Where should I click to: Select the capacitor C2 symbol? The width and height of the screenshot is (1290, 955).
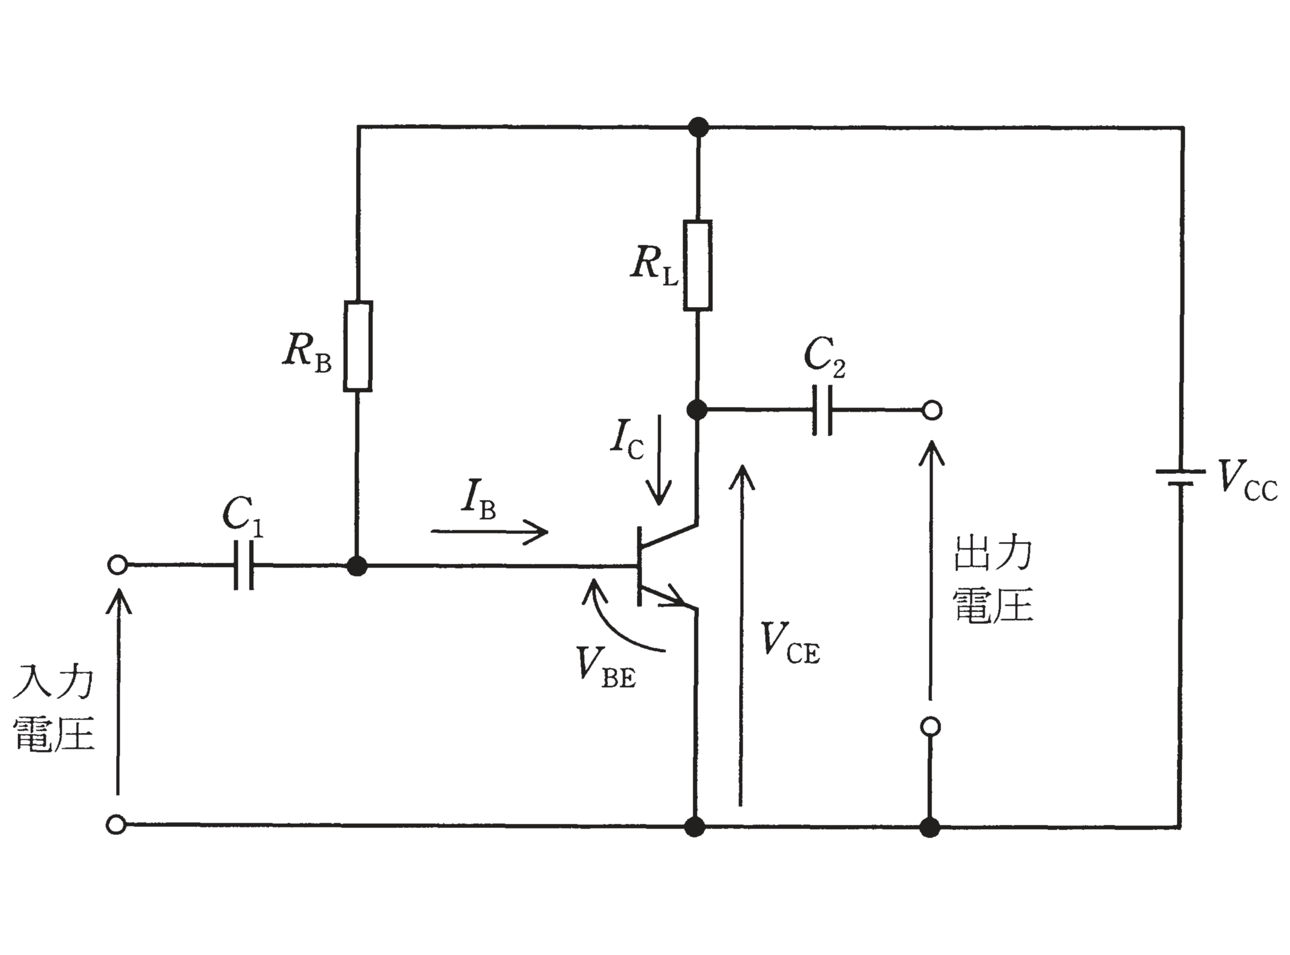coord(823,410)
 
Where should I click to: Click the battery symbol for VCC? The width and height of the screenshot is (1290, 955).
coord(1180,477)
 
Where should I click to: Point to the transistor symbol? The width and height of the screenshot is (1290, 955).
coord(668,565)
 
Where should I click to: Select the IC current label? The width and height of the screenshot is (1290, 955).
coord(627,439)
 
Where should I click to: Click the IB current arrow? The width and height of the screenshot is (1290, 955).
coord(489,531)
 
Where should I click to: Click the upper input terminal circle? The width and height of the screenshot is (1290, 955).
coord(117,565)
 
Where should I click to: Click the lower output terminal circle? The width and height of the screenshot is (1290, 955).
coord(930,727)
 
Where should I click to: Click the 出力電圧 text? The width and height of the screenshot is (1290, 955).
coord(992,580)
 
